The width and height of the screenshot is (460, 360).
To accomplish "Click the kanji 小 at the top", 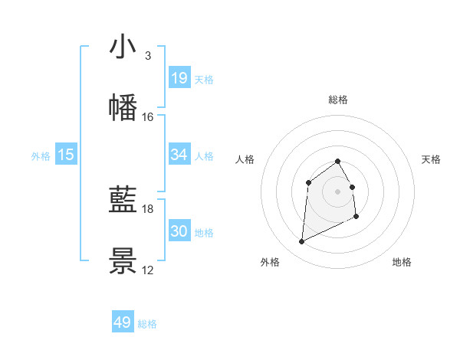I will (x=123, y=47).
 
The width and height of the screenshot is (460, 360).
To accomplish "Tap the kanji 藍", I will (x=123, y=201).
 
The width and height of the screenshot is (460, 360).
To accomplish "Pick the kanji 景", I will (x=123, y=261).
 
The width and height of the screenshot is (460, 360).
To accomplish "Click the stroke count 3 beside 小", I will (x=147, y=56).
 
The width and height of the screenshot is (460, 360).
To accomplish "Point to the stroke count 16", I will (x=148, y=117).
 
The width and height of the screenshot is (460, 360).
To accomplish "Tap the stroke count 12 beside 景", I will (x=148, y=270).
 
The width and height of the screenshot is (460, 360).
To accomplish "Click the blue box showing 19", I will (x=179, y=78).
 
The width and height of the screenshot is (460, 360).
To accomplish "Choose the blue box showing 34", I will (x=179, y=155).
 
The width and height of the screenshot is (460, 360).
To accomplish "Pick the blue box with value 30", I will (x=179, y=231).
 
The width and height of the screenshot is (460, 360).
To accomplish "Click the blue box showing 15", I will (x=66, y=155).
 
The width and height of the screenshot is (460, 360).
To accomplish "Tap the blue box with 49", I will (x=123, y=322).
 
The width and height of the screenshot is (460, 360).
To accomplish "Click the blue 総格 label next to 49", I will (x=147, y=324).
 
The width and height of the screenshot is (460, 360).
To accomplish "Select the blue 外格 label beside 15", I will (x=41, y=156).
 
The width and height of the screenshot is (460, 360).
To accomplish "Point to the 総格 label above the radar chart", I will (x=338, y=100).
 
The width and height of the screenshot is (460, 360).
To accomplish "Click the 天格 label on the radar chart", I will (x=431, y=159).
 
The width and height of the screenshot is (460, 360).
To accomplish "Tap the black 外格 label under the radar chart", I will (x=270, y=262).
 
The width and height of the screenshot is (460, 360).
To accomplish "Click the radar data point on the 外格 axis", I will (x=301, y=242).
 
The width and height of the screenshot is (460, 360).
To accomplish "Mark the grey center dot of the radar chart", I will (x=338, y=191).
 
